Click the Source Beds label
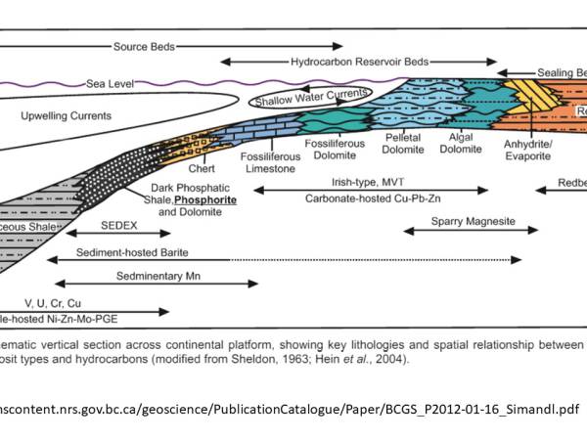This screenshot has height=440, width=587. (x=145, y=46)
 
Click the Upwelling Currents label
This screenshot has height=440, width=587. (x=67, y=115)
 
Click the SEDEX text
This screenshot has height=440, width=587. (x=121, y=225)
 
